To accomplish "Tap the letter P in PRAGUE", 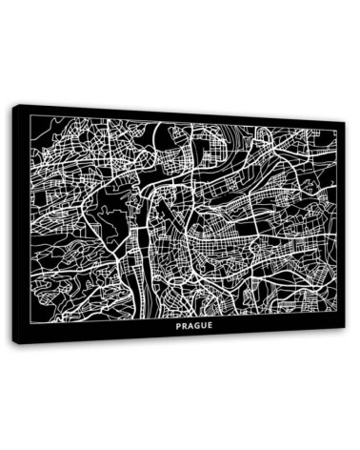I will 178,326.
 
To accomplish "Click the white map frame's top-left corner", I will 30,114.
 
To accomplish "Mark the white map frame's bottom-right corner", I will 337,314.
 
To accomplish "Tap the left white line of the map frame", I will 30,219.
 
